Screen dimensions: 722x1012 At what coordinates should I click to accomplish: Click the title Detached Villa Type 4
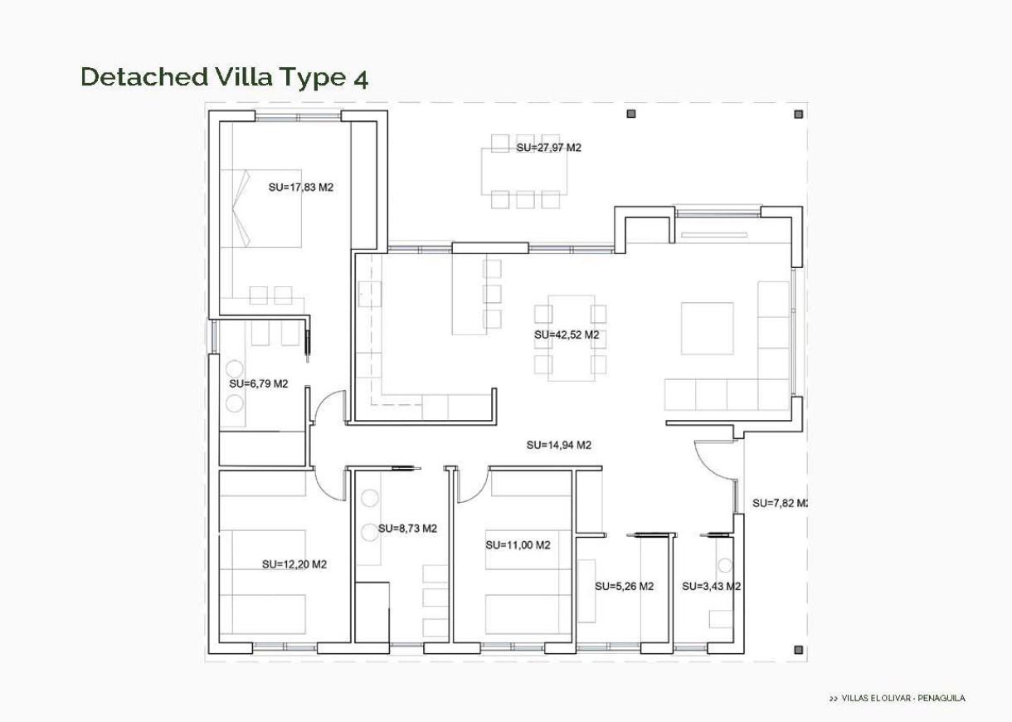[x=224, y=77]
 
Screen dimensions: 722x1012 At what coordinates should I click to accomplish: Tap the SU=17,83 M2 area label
[x=300, y=188]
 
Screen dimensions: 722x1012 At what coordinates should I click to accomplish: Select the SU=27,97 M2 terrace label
[x=548, y=148]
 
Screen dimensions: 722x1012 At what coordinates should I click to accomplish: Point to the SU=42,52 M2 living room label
[x=567, y=335]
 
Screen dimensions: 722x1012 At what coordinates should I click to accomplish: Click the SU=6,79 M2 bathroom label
[x=258, y=384]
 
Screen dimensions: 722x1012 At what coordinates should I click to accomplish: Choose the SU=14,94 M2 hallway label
[x=558, y=445]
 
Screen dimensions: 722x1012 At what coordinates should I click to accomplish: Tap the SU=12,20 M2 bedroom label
[x=294, y=564]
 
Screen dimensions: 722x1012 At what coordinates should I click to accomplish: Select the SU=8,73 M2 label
[x=407, y=529]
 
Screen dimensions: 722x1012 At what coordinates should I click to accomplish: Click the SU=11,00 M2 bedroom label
[x=518, y=545]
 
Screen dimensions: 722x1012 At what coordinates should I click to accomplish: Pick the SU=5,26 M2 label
[x=624, y=586]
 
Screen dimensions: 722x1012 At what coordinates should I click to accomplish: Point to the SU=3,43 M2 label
[x=711, y=586]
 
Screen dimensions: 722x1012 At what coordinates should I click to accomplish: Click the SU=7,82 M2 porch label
[x=780, y=503]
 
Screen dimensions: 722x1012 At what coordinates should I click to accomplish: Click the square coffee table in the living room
[x=708, y=329]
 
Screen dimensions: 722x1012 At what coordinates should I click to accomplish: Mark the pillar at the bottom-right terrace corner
[x=798, y=650]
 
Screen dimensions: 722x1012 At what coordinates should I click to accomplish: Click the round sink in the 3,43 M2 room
[x=725, y=566]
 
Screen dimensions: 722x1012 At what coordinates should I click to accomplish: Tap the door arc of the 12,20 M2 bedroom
[x=333, y=485]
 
